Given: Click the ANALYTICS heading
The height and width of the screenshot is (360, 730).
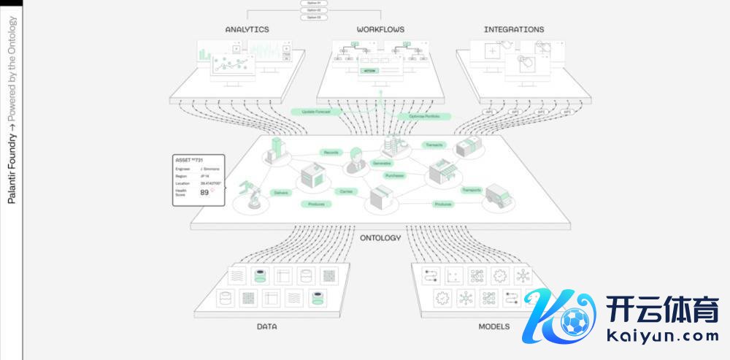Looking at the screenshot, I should coord(247,30).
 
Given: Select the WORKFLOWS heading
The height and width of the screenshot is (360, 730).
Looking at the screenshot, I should coord(380,30).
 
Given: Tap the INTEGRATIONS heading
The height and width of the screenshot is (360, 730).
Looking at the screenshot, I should coord(513,30).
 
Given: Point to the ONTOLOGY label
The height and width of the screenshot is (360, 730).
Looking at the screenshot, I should coord(380,237).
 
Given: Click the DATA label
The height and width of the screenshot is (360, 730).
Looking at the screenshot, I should coord(266,326).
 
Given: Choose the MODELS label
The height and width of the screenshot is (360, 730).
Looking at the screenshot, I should coord(494,326).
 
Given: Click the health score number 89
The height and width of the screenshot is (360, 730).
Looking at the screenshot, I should coord(205,192).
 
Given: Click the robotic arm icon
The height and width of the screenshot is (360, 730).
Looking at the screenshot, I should coord(253,194).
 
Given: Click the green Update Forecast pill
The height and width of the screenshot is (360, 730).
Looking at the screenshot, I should coord(312,112).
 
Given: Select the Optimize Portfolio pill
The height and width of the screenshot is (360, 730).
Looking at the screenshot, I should coord(424,116).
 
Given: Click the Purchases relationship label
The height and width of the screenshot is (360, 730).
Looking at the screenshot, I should coord(395,175).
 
